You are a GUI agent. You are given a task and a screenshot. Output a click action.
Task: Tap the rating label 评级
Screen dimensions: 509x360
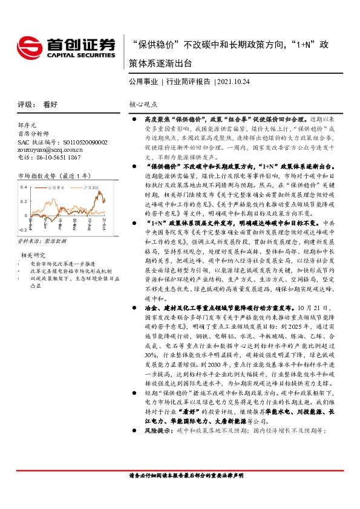coord(25,103)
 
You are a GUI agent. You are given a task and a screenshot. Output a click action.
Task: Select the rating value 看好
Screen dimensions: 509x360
coord(50,103)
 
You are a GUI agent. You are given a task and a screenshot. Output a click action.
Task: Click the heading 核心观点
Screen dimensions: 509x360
coord(142,103)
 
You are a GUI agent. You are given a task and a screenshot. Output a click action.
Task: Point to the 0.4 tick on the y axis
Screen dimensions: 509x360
coord(23,187)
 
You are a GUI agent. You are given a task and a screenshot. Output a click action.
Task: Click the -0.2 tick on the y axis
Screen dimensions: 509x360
coord(22,230)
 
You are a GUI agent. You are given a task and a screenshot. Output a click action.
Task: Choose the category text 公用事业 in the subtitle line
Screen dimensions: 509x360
coord(143,81)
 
